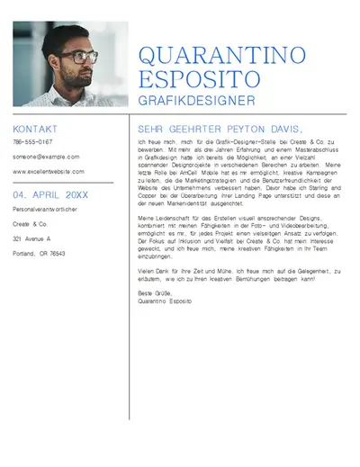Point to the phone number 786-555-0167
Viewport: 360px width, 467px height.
pyautogui.click(x=32, y=142)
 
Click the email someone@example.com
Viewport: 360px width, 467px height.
pyautogui.click(x=46, y=157)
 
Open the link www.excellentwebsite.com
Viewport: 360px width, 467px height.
pyautogui.click(x=49, y=171)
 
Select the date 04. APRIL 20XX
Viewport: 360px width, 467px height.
pyautogui.click(x=50, y=194)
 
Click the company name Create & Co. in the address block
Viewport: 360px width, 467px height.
pyautogui.click(x=30, y=223)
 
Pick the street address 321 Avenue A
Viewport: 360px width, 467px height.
pyautogui.click(x=31, y=238)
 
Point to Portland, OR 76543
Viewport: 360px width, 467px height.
pyautogui.click(x=39, y=254)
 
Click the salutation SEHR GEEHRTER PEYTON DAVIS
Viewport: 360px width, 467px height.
pyautogui.click(x=220, y=129)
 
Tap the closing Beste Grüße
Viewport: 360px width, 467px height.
pyautogui.click(x=154, y=292)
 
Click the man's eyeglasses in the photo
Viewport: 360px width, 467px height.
pyautogui.click(x=83, y=57)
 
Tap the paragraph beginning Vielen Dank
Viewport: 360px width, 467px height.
pyautogui.click(x=238, y=274)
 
